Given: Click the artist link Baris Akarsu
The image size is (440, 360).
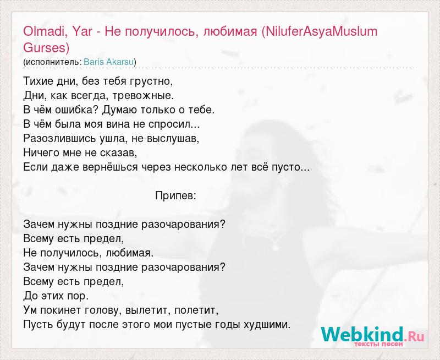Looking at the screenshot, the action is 108,62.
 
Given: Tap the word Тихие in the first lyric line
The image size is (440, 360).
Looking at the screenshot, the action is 37,81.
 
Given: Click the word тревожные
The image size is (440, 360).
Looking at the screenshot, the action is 143,96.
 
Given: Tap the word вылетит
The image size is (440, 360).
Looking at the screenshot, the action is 148,310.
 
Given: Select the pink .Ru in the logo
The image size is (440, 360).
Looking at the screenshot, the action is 414,336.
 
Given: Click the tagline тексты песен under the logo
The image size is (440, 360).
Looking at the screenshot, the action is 379,344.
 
